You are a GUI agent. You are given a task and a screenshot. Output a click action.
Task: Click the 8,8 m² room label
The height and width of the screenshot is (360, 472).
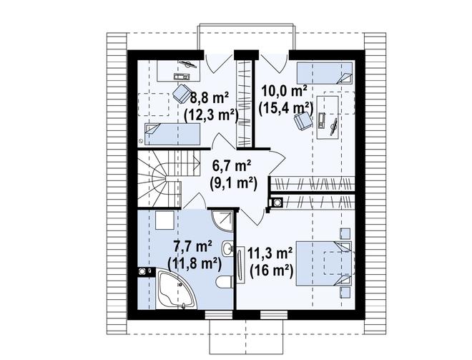tap(210, 98)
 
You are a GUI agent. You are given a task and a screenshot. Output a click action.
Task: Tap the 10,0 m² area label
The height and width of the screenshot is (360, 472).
tap(284, 90)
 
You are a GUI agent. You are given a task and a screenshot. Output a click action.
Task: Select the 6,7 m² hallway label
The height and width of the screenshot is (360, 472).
tap(232, 166)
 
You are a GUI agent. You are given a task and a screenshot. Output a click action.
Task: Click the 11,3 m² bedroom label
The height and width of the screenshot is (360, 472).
tap(270, 254)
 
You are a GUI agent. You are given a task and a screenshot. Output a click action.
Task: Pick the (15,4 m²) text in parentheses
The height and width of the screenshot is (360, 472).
tap(285, 108)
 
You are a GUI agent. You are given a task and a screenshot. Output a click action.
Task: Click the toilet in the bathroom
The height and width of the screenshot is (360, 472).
tap(224, 282)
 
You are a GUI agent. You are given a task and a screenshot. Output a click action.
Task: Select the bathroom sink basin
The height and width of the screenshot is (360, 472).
tap(228, 248)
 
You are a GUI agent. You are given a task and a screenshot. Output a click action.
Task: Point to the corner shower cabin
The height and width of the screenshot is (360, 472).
tap(222, 221)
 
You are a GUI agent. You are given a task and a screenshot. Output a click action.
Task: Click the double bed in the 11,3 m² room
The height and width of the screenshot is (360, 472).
tap(323, 263)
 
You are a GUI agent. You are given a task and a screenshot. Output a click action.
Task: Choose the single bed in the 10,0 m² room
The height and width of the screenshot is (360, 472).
tap(325, 73)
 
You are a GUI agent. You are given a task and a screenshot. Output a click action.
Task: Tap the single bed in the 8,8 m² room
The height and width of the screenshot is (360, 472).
tap(172, 134)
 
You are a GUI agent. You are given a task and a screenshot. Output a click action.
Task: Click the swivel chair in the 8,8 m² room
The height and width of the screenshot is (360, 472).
tap(182, 92)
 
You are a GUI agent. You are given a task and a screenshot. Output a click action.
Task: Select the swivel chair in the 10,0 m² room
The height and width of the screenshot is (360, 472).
tap(303, 120)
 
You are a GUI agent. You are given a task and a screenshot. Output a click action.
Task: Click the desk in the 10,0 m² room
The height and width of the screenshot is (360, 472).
tap(328, 117)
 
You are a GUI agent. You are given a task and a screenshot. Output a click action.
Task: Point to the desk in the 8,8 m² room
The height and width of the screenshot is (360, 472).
tap(179, 70)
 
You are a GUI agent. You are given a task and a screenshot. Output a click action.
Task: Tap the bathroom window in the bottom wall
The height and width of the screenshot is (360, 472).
tap(215, 315)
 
